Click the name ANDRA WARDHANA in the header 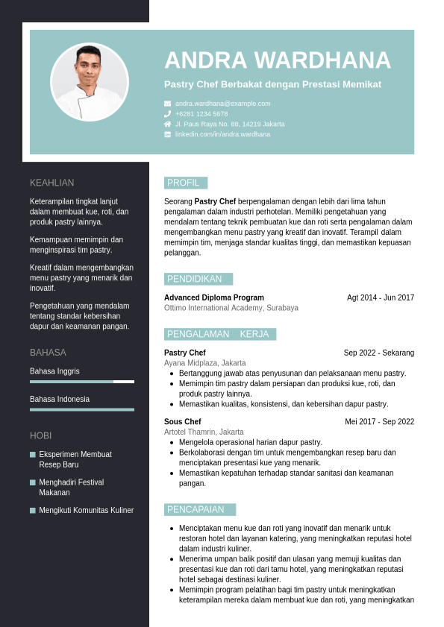pyautogui.click(x=278, y=60)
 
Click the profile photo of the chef pyautogui.click(x=90, y=82)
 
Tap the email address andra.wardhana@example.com pyautogui.click(x=222, y=104)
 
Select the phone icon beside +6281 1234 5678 pyautogui.click(x=168, y=114)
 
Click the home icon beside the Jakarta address pyautogui.click(x=168, y=124)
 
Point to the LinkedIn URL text pyautogui.click(x=222, y=134)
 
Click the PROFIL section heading pyautogui.click(x=184, y=183)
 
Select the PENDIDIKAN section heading pyautogui.click(x=195, y=279)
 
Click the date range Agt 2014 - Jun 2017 pyautogui.click(x=381, y=297)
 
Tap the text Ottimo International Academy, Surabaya pyautogui.click(x=231, y=308)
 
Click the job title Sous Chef pyautogui.click(x=182, y=421)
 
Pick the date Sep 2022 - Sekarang pyautogui.click(x=379, y=353)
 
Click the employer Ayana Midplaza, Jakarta pyautogui.click(x=205, y=363)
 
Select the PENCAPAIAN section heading pyautogui.click(x=196, y=509)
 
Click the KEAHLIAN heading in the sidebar pyautogui.click(x=52, y=183)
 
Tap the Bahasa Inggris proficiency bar pyautogui.click(x=82, y=382)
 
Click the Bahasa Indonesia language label pyautogui.click(x=60, y=399)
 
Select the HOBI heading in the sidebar pyautogui.click(x=40, y=435)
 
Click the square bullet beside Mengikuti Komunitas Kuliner pyautogui.click(x=33, y=511)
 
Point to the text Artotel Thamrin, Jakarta pyautogui.click(x=204, y=432)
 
